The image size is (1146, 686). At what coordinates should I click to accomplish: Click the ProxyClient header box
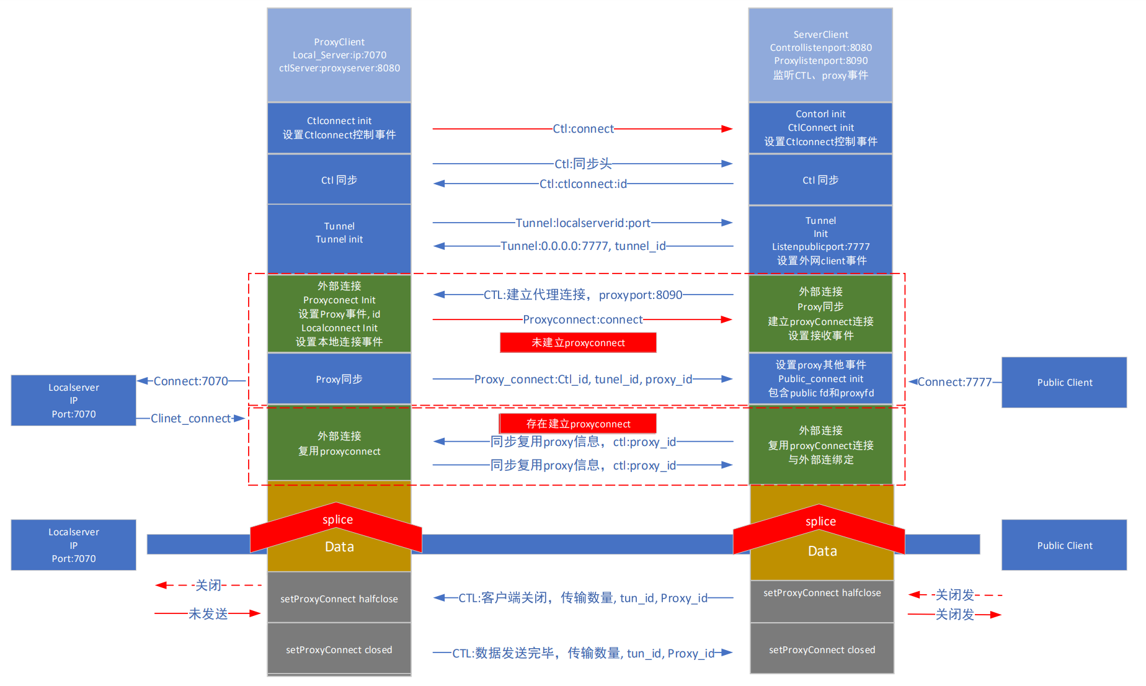pos(339,55)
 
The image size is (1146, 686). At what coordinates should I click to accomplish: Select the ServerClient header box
pos(820,55)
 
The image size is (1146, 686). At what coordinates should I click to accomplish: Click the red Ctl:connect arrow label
pos(583,129)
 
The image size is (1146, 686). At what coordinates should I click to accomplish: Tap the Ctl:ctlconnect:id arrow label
pos(583,184)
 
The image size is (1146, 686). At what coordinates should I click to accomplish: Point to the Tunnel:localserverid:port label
pos(583,223)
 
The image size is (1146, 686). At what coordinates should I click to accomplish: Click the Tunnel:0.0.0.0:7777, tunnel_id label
pos(583,246)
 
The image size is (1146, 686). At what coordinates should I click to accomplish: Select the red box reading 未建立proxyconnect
pos(578,342)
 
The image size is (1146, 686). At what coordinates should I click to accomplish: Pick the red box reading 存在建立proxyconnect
pos(578,424)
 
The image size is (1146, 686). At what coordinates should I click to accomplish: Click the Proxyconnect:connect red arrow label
pos(583,319)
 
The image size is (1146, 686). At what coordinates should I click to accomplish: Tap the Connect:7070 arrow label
pos(190,381)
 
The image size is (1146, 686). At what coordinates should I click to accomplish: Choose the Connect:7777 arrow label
pos(954,382)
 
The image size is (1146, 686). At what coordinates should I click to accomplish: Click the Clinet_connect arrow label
pos(191,419)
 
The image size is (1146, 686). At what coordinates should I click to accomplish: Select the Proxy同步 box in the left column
pos(339,379)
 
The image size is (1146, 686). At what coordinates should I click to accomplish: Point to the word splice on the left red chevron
pos(337,520)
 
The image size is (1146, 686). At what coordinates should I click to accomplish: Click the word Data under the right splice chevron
pos(822,551)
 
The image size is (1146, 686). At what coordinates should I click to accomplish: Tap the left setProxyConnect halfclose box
pos(339,599)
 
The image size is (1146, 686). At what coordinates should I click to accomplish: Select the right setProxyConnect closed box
pos(822,649)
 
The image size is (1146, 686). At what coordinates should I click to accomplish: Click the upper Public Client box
pos(1064,382)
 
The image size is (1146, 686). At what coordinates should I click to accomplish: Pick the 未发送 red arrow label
pos(208,613)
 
